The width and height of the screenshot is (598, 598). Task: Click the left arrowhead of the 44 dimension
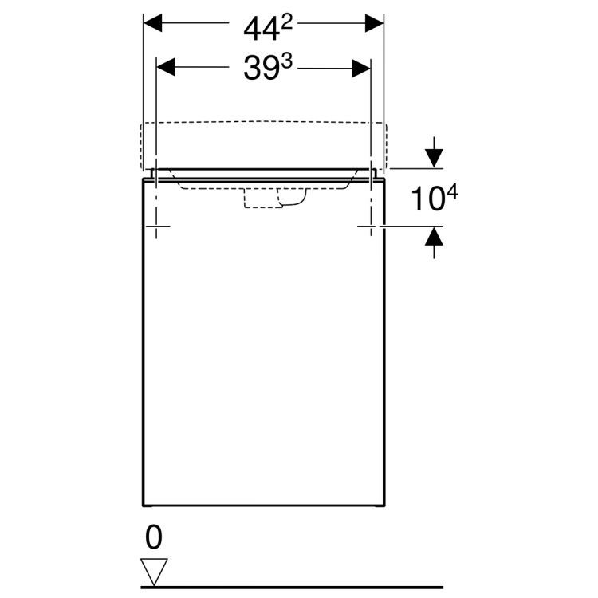(x=153, y=23)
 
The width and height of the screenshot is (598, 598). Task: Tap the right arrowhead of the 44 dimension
(x=375, y=23)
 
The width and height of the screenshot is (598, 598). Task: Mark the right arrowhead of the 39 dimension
(x=360, y=67)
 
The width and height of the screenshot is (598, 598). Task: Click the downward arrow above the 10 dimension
(x=433, y=156)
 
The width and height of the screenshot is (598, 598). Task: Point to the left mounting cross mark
(x=157, y=228)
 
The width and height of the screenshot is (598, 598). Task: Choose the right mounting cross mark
(x=371, y=228)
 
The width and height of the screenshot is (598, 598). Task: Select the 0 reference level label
(x=154, y=538)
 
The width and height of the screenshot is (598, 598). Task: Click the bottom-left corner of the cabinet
(x=143, y=507)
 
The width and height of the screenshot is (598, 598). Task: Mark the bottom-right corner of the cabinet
(x=386, y=507)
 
